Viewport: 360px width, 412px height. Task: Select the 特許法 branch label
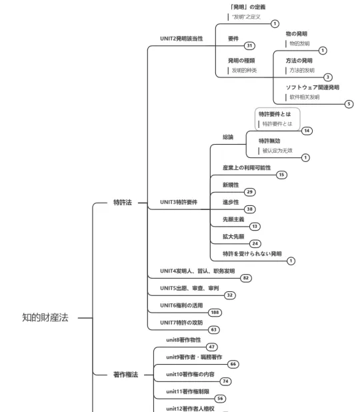pos(122,202)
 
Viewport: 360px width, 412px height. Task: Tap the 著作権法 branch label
pos(124,375)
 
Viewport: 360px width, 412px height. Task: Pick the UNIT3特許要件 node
pos(183,201)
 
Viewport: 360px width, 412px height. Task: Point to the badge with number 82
pos(246,277)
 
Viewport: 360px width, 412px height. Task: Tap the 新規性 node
pos(231,184)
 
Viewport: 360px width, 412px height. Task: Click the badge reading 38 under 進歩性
pos(249,209)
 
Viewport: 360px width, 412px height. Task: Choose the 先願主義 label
pos(233,219)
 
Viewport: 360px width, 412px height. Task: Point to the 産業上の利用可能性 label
pos(247,167)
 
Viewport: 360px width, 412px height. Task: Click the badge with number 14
pos(307,131)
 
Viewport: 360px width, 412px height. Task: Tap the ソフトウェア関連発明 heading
pos(313,87)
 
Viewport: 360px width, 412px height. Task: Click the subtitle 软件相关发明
pos(305,97)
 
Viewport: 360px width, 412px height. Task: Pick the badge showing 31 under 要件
pos(249,46)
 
